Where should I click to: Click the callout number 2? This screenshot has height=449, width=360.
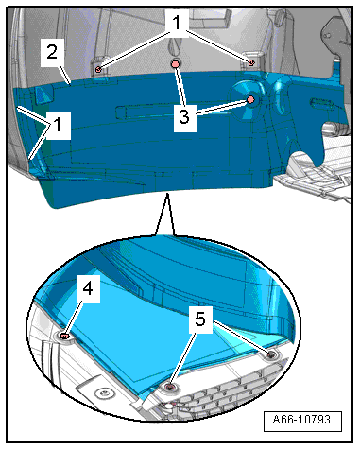52,52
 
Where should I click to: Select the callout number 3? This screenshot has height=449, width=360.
184,116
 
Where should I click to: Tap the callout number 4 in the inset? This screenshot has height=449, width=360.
88,288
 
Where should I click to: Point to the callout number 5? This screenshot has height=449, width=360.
200,319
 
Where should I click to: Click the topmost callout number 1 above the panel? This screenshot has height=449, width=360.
177,22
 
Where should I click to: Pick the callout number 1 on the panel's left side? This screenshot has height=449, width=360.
58,124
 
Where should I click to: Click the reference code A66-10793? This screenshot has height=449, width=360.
301,420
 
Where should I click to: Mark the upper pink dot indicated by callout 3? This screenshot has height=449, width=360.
175,64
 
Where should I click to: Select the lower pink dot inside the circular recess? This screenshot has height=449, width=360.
250,100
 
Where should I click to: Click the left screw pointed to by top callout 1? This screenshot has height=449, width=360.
98,69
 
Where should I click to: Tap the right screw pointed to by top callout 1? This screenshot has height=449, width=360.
251,62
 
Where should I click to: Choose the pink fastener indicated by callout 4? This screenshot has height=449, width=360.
64,337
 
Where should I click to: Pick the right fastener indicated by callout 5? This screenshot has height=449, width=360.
270,355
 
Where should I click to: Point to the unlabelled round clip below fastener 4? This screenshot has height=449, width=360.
103,393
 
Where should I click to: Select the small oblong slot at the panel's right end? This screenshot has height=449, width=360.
321,103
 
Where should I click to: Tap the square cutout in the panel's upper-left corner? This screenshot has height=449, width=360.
43,95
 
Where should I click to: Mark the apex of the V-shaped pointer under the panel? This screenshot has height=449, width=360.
167,194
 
